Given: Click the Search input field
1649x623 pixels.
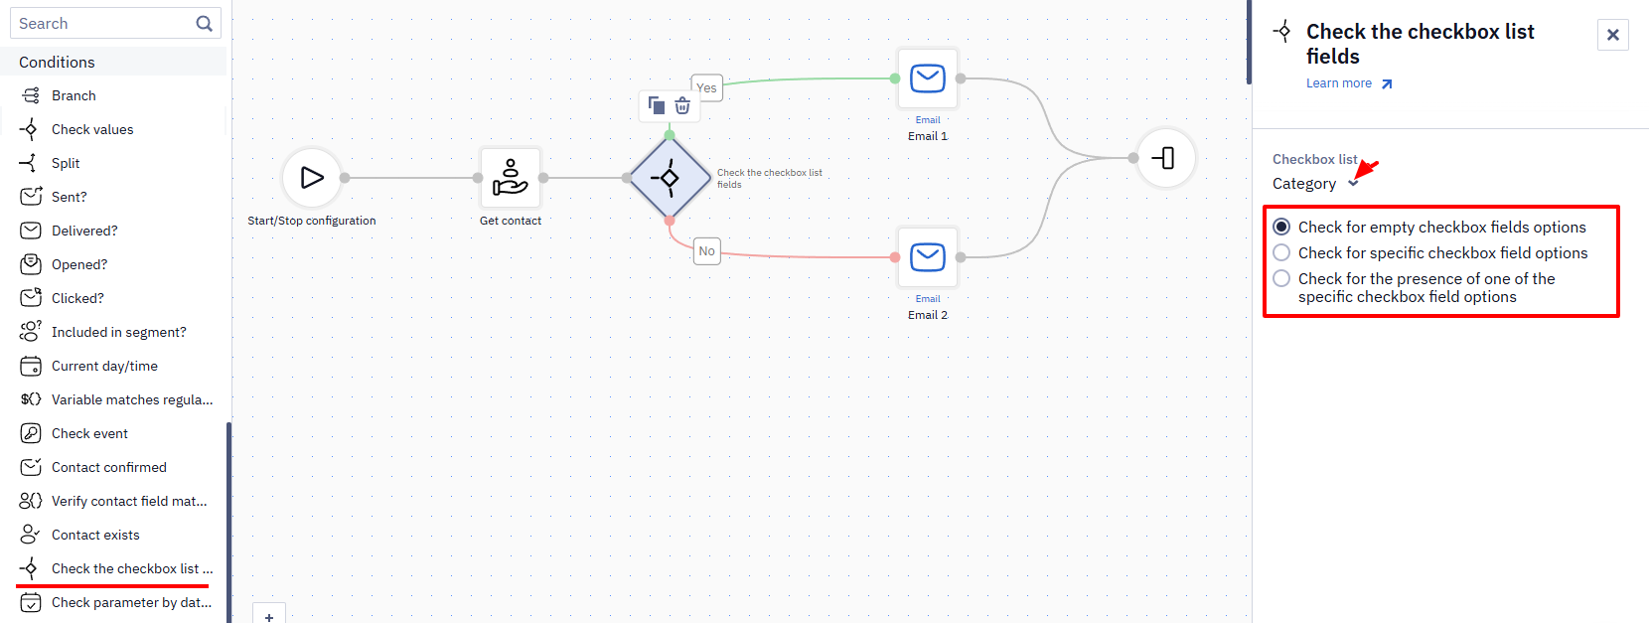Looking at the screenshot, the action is coord(103,24).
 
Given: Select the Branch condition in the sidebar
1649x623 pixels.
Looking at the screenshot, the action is coord(74,95).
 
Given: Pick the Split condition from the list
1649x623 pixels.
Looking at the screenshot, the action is coord(66,164).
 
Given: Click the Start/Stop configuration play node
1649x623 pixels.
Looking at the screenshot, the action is coord(311,178).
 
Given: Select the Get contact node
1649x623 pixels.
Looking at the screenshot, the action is coord(511,178).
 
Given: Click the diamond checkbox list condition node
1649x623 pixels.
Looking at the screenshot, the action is coord(670,178).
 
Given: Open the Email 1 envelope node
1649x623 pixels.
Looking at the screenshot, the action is coord(928,78).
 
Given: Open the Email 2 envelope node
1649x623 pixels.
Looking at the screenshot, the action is coord(928,257).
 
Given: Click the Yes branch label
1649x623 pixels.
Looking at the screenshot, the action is coord(706,87).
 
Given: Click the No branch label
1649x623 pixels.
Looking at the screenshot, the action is coord(706,251).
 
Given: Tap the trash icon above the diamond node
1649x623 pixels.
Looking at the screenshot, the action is coord(682,106).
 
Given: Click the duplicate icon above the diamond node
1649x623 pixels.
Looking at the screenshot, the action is coord(656,105).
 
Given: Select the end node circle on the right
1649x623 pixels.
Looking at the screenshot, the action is coord(1166,158).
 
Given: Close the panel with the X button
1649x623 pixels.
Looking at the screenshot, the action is coord(1613,35).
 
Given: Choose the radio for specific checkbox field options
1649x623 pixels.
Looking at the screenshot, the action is coord(1281,252).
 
